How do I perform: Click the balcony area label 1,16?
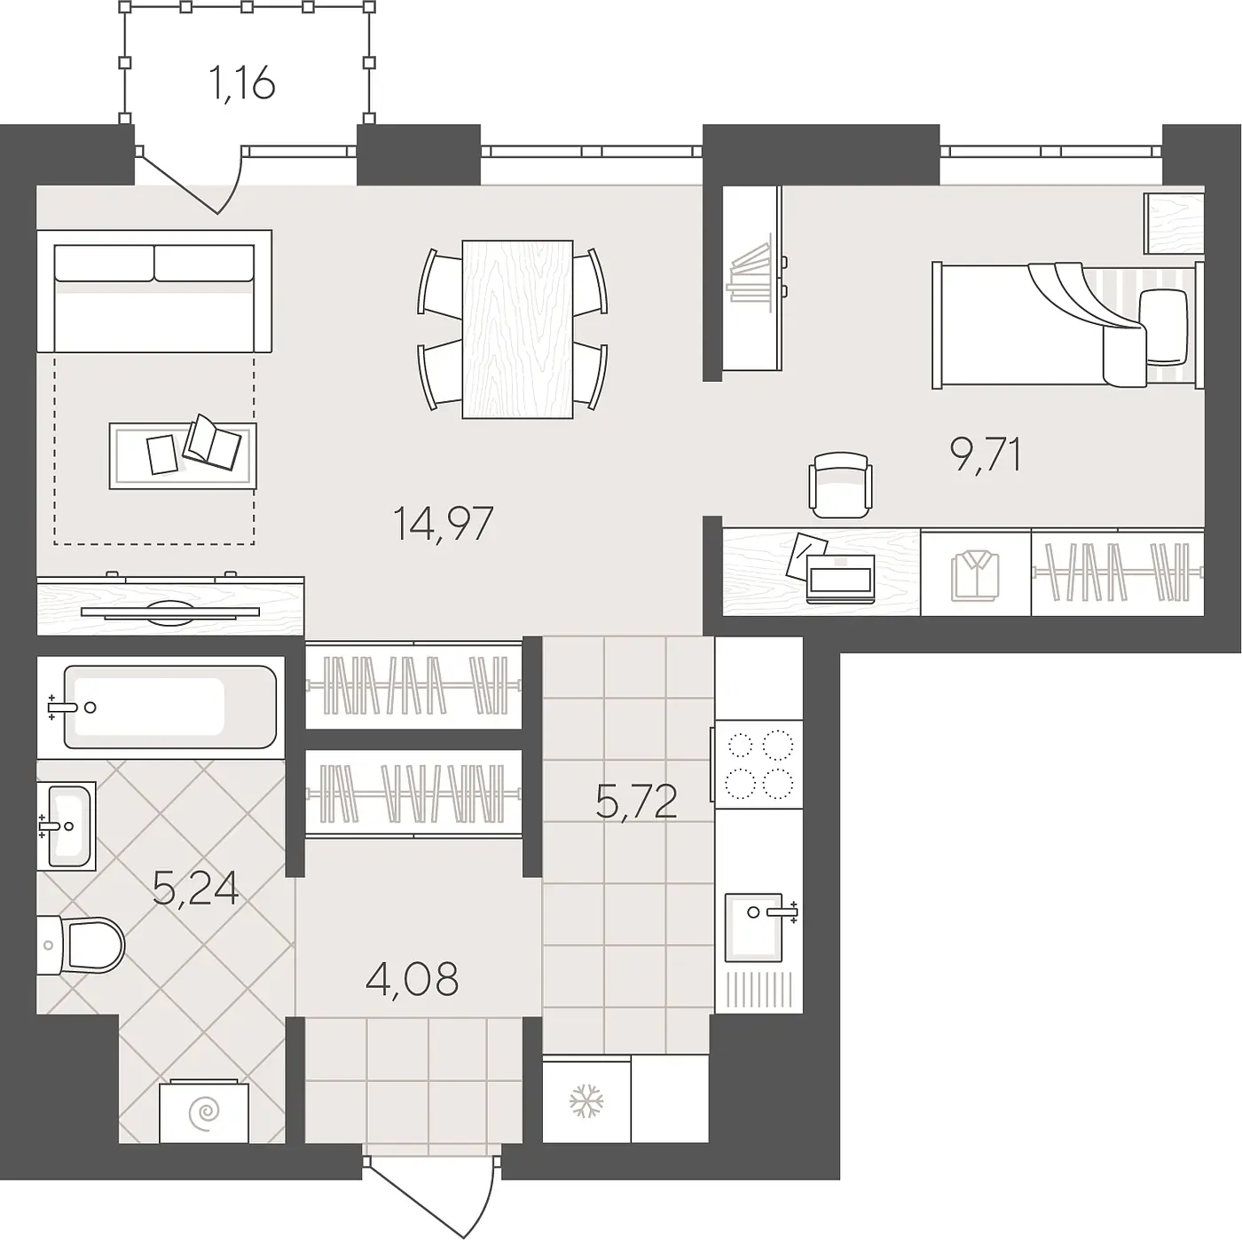[x=242, y=83]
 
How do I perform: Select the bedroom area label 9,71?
[x=986, y=454]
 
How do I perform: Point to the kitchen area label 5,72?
[x=637, y=802]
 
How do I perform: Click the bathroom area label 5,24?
[x=196, y=889]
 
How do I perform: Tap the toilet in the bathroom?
[x=81, y=945]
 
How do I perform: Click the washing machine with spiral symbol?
[x=204, y=1112]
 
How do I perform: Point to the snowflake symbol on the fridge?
[x=586, y=1101]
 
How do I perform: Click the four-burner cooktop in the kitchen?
[x=759, y=764]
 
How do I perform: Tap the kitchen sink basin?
[x=753, y=927]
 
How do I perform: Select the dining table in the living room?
[x=517, y=329]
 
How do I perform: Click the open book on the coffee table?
[x=211, y=442]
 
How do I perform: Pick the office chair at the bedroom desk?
[x=840, y=485]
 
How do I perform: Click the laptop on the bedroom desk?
[x=840, y=579]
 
